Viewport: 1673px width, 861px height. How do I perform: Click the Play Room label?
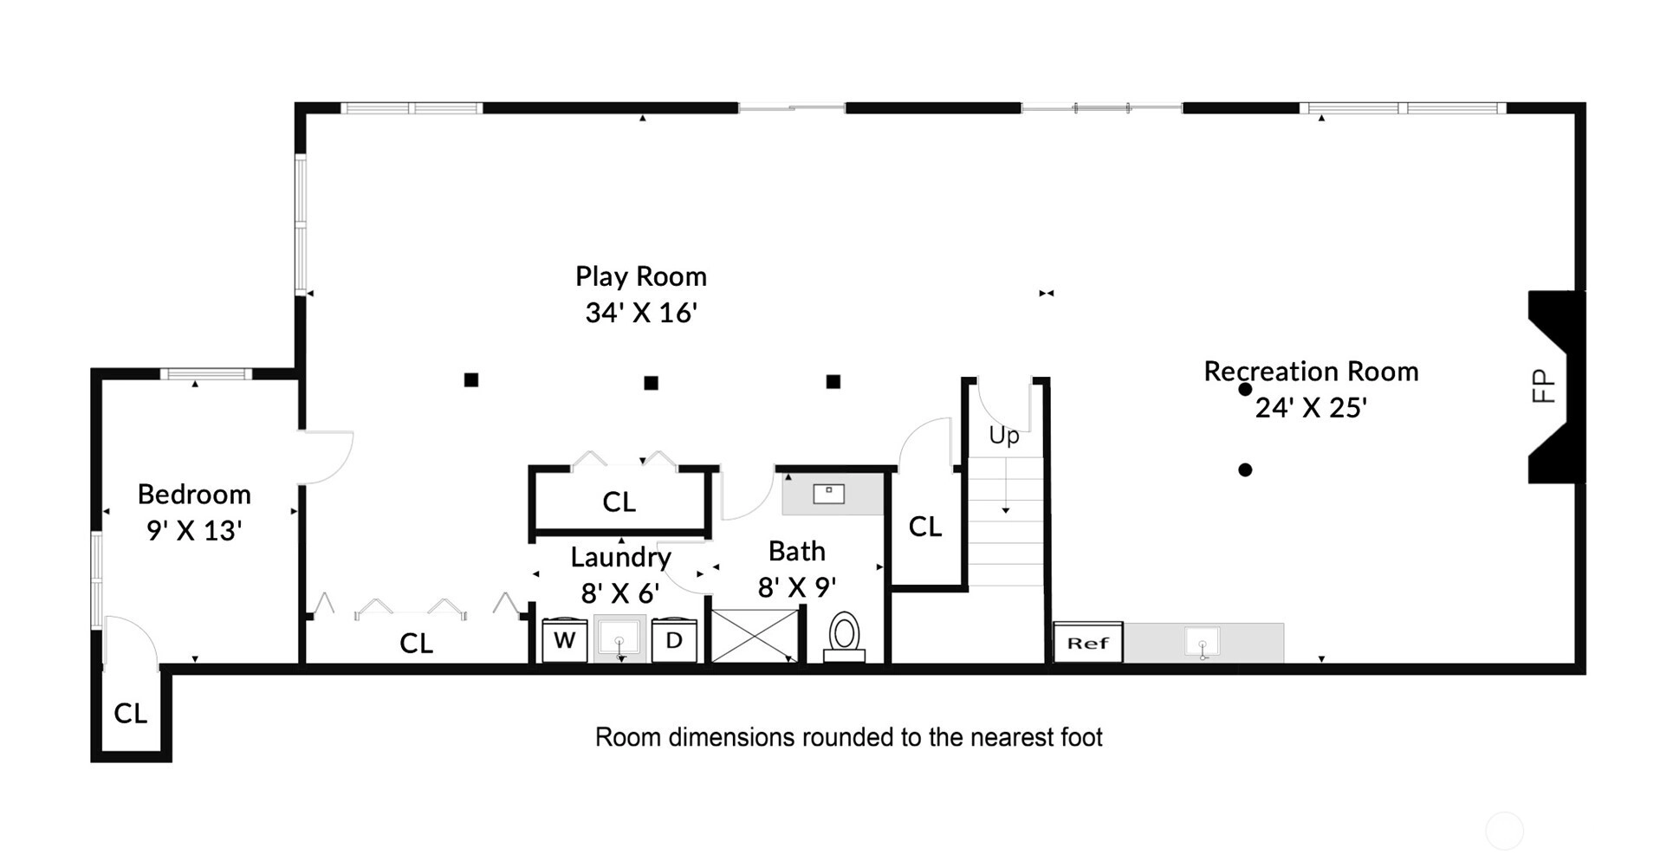(641, 277)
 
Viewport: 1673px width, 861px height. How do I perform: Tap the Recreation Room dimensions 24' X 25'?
(1311, 408)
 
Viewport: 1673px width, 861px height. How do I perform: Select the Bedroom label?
(194, 495)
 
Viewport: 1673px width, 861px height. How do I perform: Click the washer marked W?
(564, 641)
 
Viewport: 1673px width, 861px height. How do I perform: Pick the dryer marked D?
(674, 641)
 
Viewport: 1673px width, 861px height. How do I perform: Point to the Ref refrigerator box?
(1088, 643)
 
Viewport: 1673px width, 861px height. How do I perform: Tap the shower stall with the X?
(755, 636)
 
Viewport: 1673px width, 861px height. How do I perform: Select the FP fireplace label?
(1544, 386)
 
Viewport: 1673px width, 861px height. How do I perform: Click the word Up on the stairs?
(1004, 436)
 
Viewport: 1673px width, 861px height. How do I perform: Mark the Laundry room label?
(620, 558)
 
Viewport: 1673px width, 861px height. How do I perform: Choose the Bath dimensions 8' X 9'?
(797, 588)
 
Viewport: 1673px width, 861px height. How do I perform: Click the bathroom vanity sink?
(828, 494)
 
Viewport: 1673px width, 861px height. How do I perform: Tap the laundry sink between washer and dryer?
(619, 639)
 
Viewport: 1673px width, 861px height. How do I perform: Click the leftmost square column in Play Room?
(471, 379)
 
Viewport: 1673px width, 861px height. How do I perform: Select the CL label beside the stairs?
(924, 527)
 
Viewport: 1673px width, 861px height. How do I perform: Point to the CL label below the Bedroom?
(130, 714)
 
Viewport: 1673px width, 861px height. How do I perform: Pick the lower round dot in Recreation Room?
(1245, 470)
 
